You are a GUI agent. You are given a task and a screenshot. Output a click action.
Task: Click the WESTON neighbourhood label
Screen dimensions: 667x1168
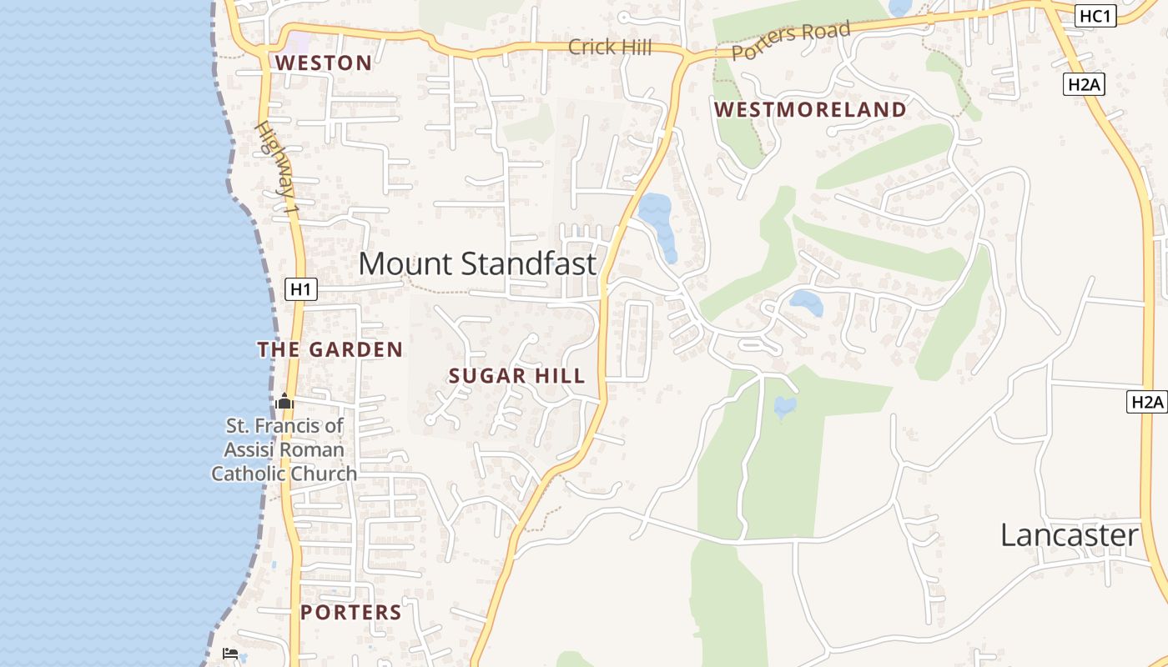pos(324,63)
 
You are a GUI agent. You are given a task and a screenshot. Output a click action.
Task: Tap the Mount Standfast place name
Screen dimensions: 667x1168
pos(477,263)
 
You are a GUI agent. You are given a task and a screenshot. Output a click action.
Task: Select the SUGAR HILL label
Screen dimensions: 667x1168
pos(516,376)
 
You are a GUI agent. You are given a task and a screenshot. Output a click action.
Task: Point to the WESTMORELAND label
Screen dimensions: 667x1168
pos(810,110)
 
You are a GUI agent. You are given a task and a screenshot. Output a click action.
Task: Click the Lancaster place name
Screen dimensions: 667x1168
pos(1069,535)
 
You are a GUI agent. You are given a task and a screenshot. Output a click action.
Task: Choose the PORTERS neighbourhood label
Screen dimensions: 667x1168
pos(350,613)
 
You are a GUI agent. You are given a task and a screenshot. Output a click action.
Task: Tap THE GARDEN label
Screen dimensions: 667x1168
pos(330,350)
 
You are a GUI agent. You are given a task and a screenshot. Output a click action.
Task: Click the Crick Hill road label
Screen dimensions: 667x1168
pos(609,48)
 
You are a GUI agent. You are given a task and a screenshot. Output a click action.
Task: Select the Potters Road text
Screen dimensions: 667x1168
pos(791,40)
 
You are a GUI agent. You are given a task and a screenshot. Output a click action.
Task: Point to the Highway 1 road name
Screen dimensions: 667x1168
pos(277,168)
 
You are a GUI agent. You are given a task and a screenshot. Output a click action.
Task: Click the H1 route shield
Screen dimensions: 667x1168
pos(301,289)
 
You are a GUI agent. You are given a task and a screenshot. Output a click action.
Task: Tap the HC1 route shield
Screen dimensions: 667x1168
pos(1095,16)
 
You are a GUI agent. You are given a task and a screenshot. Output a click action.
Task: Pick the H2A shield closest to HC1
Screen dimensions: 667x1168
pos(1084,83)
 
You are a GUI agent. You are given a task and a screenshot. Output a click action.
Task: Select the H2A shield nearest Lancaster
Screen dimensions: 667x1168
pos(1146,402)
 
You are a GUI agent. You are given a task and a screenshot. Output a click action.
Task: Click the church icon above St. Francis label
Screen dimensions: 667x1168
pos(284,402)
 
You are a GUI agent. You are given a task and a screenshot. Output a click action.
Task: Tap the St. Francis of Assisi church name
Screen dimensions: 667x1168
pos(284,450)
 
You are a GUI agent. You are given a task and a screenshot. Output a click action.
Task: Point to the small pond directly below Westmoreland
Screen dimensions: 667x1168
pos(806,303)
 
